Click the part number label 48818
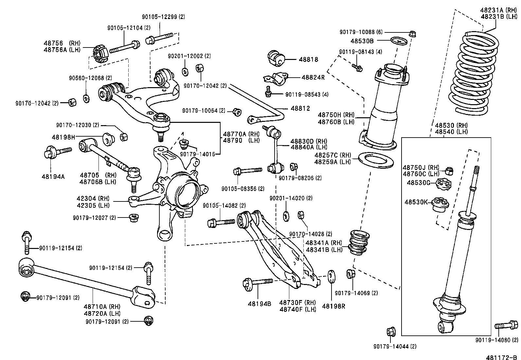click(308, 60)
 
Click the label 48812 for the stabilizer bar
click(300, 108)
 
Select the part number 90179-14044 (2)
click(395, 347)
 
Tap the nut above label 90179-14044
click(390, 332)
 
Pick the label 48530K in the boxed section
click(416, 202)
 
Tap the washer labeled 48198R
click(331, 276)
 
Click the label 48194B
click(259, 304)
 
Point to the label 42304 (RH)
click(93, 199)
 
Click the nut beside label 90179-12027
click(133, 218)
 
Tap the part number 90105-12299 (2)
click(163, 17)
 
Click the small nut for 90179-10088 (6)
click(412, 33)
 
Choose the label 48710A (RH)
click(102, 307)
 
